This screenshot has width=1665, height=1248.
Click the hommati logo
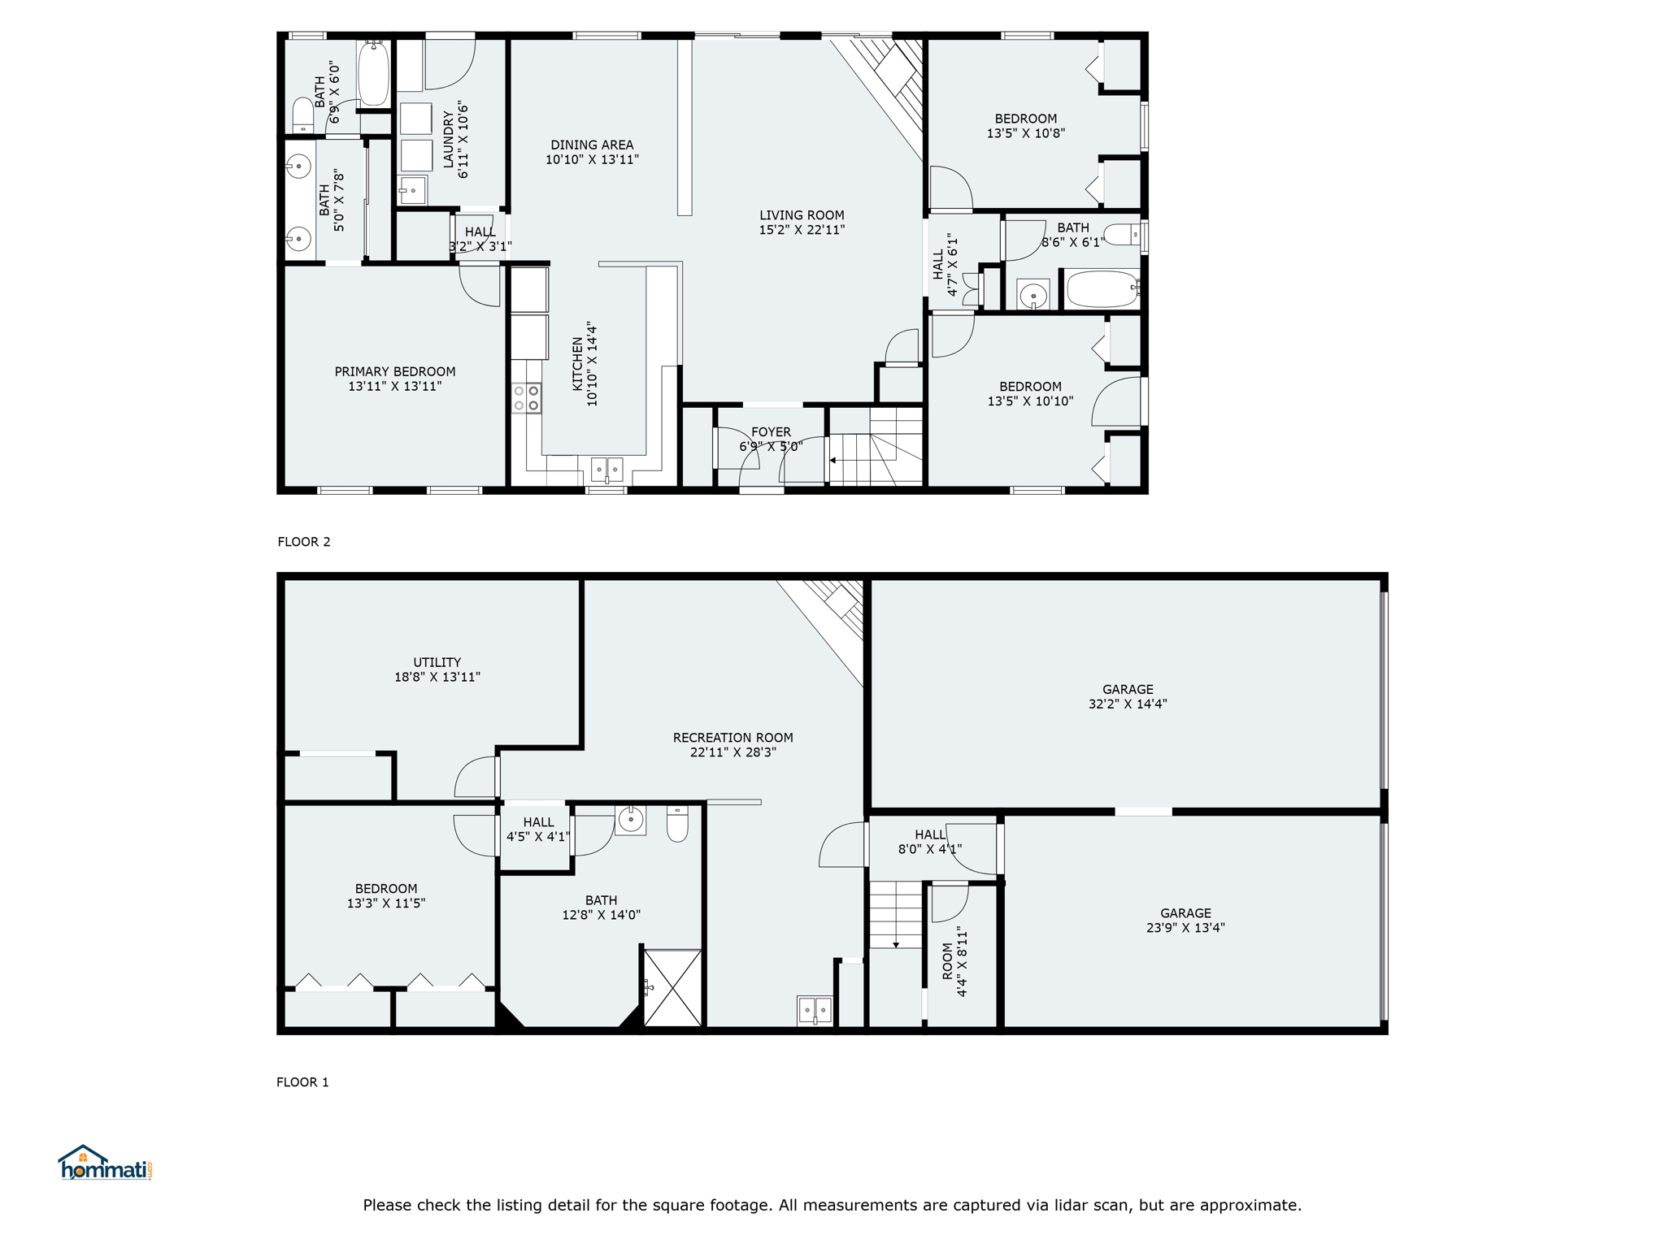click(105, 1163)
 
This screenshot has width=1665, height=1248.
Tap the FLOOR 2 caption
click(304, 542)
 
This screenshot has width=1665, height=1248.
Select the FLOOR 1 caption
click(302, 1082)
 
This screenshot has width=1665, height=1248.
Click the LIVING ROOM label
click(802, 215)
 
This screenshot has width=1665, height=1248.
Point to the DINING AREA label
click(592, 145)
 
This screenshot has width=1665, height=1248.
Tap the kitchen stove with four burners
click(526, 398)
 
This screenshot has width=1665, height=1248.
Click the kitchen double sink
click(606, 469)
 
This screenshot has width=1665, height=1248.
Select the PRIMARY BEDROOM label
click(395, 372)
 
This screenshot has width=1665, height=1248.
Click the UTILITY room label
click(437, 662)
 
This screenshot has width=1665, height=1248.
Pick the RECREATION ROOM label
click(733, 738)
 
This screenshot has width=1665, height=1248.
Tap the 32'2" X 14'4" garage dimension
click(1128, 704)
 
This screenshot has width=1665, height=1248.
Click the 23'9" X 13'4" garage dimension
click(1185, 928)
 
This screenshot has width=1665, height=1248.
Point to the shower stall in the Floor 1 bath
click(672, 988)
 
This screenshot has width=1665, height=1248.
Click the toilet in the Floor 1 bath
click(677, 823)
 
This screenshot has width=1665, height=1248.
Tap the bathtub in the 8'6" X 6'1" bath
click(1103, 288)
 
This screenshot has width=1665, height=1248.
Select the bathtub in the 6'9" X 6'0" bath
click(374, 73)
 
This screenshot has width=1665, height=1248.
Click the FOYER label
click(771, 432)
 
